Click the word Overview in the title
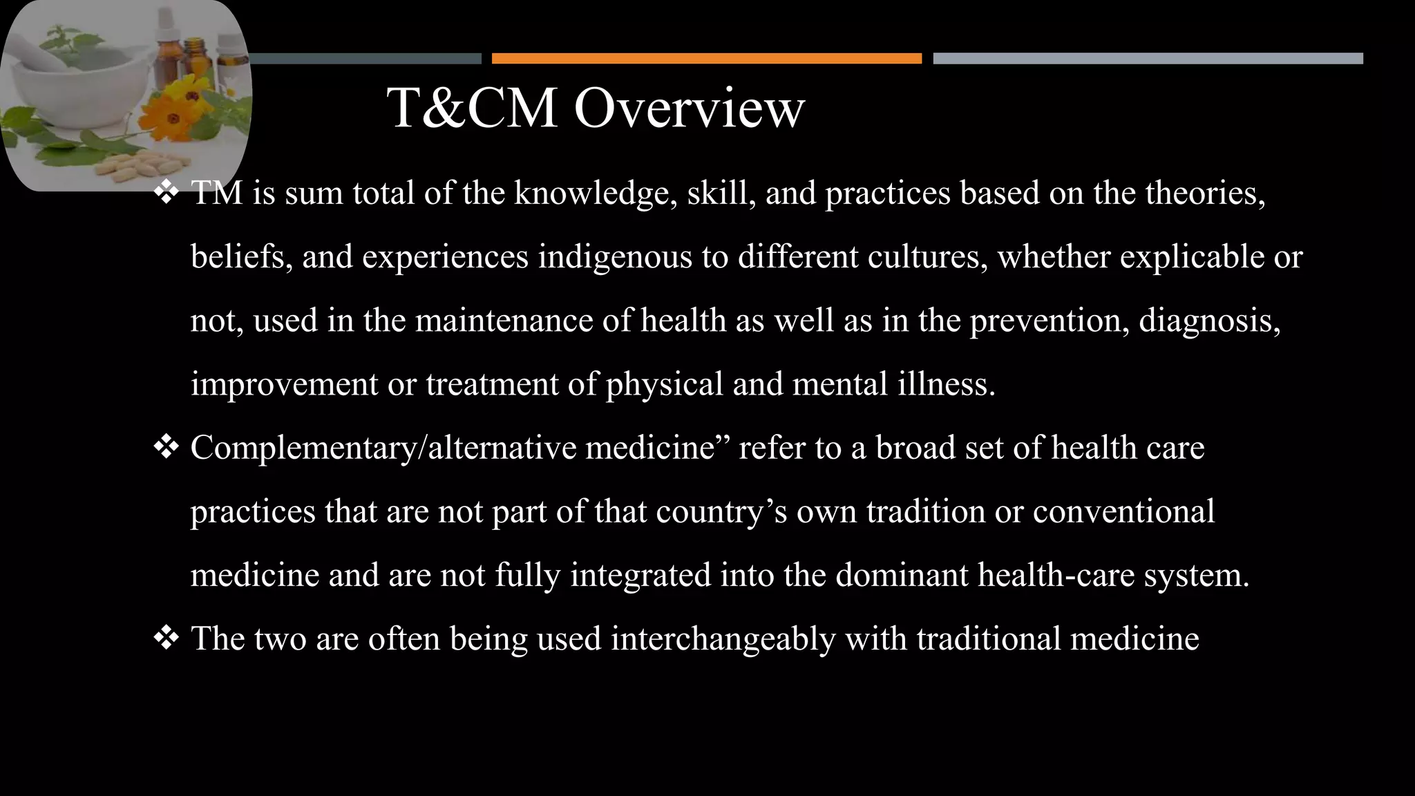(689, 108)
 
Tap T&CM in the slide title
(473, 108)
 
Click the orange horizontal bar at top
(706, 58)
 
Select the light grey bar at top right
(1148, 58)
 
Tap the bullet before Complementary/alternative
(166, 448)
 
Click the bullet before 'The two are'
(166, 638)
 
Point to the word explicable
(1190, 257)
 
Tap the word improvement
(284, 384)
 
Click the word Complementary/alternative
(383, 448)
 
